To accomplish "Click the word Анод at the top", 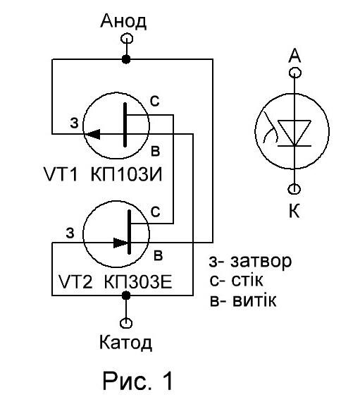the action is click(123, 21).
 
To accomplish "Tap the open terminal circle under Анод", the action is click(127, 39).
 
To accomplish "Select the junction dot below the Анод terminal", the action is click(126, 59).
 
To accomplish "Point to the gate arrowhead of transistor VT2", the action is click(120, 243).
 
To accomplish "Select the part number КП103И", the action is click(126, 174).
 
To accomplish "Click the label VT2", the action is click(75, 281).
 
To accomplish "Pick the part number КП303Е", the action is click(138, 281).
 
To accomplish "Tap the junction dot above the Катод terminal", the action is click(126, 296).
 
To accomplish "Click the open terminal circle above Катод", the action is click(126, 322).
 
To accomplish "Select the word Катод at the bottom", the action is click(125, 343).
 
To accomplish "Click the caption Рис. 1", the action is click(137, 380).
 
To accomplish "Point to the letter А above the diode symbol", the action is click(294, 56).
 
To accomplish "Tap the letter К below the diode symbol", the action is click(294, 211).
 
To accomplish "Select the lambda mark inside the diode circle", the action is click(270, 128).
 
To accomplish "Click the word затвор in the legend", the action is click(261, 261).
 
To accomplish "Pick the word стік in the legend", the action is click(247, 280).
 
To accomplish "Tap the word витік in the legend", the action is click(254, 300).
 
